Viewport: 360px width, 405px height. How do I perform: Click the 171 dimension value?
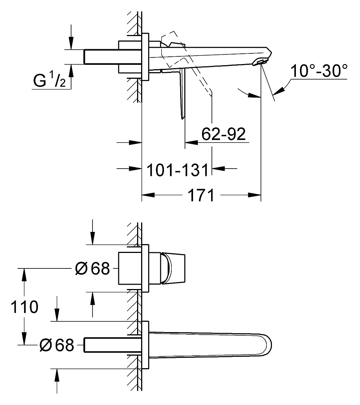click(201, 195)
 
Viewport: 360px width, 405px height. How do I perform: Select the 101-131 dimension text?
click(178, 170)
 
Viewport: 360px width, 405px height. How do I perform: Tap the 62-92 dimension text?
click(224, 134)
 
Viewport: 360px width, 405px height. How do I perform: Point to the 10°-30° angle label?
click(319, 71)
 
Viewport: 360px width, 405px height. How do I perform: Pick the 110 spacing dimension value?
click(24, 307)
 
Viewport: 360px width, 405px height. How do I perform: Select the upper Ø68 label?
click(92, 268)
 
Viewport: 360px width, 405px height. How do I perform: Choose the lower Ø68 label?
click(57, 345)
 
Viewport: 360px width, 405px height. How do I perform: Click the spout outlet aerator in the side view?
click(261, 61)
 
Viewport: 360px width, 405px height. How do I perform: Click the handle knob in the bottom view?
click(174, 268)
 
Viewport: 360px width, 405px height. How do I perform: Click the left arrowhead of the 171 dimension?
click(148, 195)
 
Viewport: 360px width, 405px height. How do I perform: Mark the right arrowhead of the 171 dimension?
click(254, 195)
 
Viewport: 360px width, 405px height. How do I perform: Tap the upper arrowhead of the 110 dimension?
click(24, 275)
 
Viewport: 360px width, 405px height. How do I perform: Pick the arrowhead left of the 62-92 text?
click(191, 142)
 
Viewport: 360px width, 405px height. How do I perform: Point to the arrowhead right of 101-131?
click(218, 168)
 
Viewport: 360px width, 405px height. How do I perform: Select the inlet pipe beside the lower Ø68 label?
click(113, 345)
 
